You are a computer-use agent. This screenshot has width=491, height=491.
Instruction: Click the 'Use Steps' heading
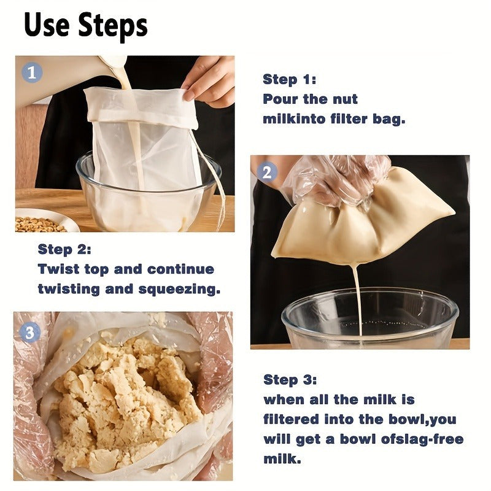(86, 26)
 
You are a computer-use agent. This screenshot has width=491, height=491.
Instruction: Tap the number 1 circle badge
(33, 73)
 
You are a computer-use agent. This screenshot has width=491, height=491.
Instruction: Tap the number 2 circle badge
(266, 172)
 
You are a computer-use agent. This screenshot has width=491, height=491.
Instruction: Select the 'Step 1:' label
(290, 79)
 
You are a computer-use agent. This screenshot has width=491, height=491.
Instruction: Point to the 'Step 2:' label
(64, 249)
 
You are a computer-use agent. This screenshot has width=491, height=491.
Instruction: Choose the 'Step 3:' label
(290, 379)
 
